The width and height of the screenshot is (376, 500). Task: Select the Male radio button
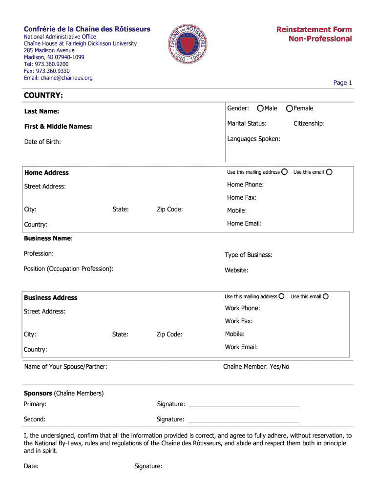tap(261, 108)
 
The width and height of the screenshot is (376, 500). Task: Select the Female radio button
tap(290, 108)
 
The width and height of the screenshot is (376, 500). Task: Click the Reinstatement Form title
tap(314, 30)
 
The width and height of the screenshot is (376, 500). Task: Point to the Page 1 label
tap(342, 83)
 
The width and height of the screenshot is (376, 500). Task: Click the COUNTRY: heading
tap(43, 95)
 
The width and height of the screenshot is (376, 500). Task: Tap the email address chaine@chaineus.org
tap(58, 78)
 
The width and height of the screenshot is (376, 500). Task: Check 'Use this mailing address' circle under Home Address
tap(284, 172)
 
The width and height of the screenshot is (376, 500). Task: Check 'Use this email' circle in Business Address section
tap(326, 296)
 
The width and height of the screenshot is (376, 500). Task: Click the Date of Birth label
tap(42, 142)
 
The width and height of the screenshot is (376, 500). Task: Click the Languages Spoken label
tap(253, 139)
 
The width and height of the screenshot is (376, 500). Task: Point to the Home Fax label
tap(242, 198)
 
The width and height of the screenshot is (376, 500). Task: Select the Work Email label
tap(241, 347)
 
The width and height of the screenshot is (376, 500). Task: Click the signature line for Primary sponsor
tap(244, 406)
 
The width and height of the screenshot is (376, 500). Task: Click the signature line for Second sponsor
tap(244, 421)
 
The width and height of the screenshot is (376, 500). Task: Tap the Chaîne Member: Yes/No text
tap(256, 367)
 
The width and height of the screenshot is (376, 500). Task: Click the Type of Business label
tap(249, 255)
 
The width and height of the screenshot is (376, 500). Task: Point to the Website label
tap(236, 270)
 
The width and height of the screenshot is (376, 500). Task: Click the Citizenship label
tap(309, 124)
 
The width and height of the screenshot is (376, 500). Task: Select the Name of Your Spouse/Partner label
tap(65, 367)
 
